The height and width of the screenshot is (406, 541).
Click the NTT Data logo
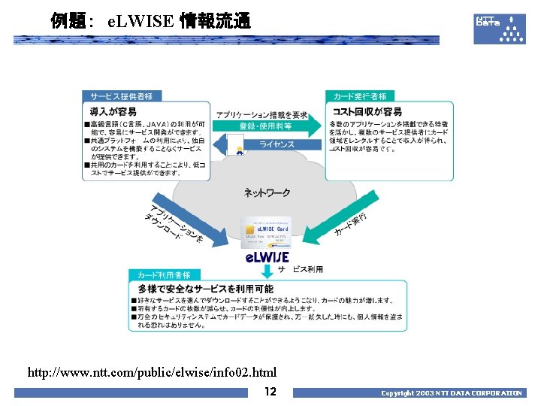499,28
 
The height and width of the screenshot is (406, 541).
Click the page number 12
270,392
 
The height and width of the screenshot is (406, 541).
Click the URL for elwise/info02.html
153,372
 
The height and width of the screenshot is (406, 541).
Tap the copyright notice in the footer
451,393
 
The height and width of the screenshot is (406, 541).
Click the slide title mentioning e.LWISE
150,20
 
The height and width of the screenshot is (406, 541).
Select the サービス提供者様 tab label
122,96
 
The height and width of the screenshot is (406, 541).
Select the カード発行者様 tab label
360,96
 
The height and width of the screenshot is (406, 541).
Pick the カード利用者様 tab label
164,275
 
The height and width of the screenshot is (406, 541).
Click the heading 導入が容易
113,112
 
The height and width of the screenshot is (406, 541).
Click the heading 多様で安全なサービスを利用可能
205,289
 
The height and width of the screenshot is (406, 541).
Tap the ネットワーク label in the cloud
267,193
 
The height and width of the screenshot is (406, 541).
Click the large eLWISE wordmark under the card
267,258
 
